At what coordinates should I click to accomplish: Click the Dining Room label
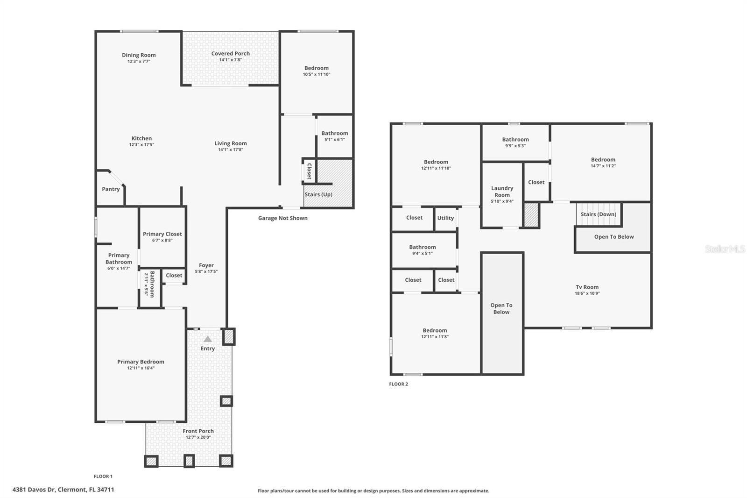point(139,55)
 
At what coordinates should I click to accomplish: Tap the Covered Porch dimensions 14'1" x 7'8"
point(230,60)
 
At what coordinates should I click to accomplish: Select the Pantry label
point(111,189)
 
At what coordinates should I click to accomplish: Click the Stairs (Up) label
point(318,194)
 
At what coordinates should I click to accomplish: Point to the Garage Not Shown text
point(282,218)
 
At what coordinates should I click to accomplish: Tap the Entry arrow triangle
point(208,339)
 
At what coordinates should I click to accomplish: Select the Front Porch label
point(198,431)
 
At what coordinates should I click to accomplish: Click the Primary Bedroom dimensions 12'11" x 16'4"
point(141,368)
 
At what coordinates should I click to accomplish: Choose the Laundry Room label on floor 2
point(502,192)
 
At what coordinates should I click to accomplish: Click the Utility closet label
point(445,218)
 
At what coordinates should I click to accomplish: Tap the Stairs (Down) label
point(598,214)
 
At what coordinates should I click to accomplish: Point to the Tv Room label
point(587,287)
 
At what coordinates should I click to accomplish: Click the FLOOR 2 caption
point(398,384)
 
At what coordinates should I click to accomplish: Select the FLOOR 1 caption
point(103,477)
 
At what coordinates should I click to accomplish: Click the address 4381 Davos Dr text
point(63,490)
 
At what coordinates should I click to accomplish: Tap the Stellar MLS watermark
point(725,249)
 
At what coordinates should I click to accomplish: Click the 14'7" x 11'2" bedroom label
point(603,166)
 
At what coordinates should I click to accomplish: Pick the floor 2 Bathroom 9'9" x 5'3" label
point(515,140)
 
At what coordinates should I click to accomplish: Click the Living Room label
point(230,143)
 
